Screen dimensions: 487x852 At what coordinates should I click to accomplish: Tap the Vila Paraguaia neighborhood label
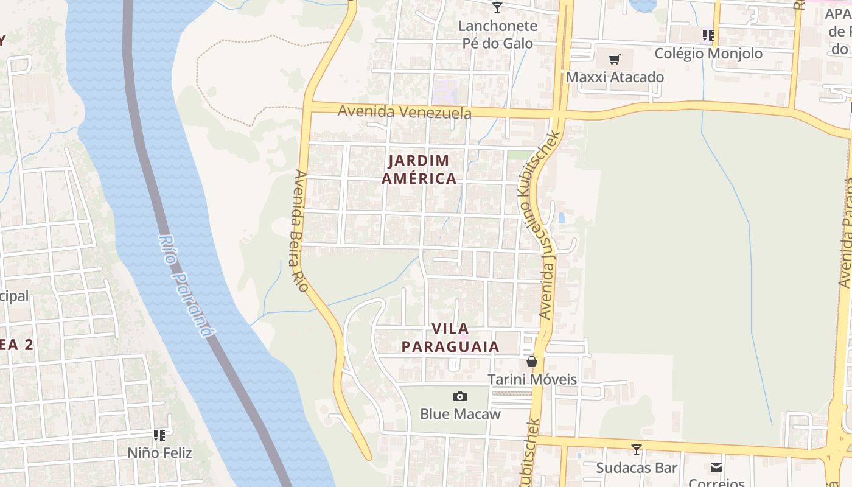click(x=450, y=337)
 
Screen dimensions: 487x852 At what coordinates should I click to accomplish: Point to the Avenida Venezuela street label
click(x=404, y=112)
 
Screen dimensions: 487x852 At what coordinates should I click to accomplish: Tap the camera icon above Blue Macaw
click(x=460, y=396)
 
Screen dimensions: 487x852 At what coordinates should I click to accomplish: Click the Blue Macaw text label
click(x=460, y=414)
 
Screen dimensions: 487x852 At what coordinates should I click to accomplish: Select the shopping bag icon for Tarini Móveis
click(x=532, y=362)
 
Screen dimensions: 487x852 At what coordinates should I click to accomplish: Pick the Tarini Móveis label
click(x=532, y=379)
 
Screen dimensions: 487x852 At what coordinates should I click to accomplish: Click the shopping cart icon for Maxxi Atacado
click(x=615, y=60)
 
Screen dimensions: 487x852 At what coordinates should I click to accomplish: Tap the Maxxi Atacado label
click(x=615, y=77)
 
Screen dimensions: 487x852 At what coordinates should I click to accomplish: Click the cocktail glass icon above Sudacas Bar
click(x=637, y=450)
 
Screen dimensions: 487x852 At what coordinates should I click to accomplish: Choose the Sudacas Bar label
click(x=637, y=468)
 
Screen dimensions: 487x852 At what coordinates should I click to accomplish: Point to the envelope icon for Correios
click(x=716, y=468)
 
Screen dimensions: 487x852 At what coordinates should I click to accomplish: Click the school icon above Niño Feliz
click(x=159, y=435)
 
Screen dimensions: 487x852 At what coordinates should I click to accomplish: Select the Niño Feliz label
click(x=159, y=453)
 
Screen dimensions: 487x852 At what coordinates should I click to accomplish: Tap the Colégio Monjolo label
click(x=708, y=54)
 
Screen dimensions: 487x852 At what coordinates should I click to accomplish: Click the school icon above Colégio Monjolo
click(x=708, y=35)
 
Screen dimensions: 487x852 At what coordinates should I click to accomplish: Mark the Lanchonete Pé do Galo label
click(x=497, y=35)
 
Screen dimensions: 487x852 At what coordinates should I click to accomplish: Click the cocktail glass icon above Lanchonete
click(x=497, y=8)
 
